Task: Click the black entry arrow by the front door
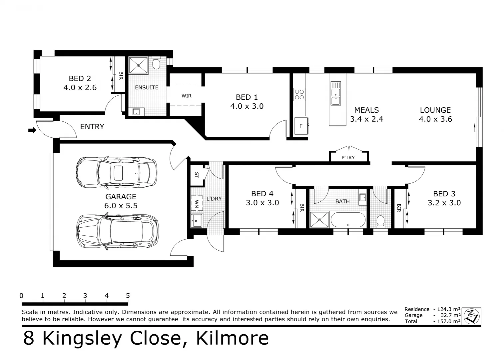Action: point(32,130)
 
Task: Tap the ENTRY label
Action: point(92,127)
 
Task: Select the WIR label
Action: point(186,96)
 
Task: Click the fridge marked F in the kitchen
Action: point(301,126)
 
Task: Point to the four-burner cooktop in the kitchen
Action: point(299,94)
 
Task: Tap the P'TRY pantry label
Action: point(348,157)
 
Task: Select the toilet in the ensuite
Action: point(156,63)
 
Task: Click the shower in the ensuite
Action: point(138,65)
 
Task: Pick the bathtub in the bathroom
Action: point(348,220)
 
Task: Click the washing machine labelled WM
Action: point(197,203)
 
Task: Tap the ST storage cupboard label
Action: point(196,175)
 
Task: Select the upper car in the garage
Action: point(116,172)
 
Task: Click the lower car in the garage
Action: point(118,231)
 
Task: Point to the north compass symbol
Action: point(471,315)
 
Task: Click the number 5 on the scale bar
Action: point(128,296)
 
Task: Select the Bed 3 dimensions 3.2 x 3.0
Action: point(444,203)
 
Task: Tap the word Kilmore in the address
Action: point(232,338)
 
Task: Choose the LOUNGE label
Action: point(435,110)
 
